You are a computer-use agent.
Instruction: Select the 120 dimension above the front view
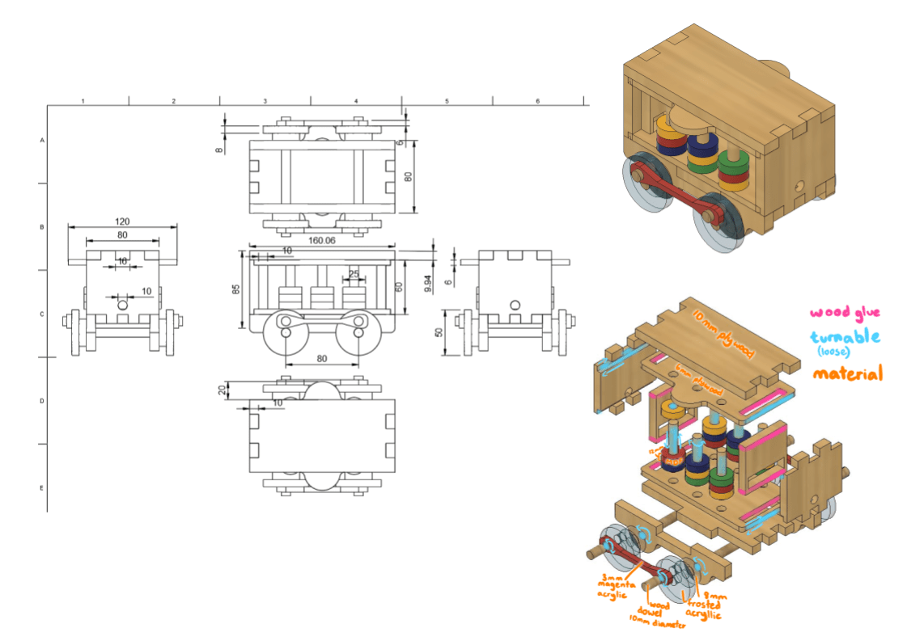pyautogui.click(x=122, y=221)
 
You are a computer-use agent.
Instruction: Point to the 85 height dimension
pyautogui.click(x=235, y=289)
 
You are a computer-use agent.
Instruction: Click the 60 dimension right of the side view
pyautogui.click(x=399, y=288)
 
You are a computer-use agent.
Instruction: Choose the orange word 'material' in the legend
pyautogui.click(x=847, y=373)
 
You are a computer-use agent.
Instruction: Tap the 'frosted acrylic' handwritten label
pyautogui.click(x=706, y=606)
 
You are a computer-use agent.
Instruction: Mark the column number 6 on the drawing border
pyautogui.click(x=537, y=101)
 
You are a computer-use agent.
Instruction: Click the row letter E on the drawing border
pyautogui.click(x=41, y=488)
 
